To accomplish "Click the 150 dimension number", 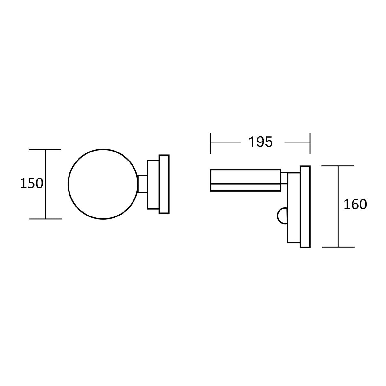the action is click(x=32, y=183).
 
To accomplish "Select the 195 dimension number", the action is click(x=261, y=142).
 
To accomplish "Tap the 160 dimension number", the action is click(x=355, y=205).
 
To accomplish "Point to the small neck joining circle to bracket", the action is click(x=142, y=184).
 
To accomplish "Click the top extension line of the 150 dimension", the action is click(x=45, y=150).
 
